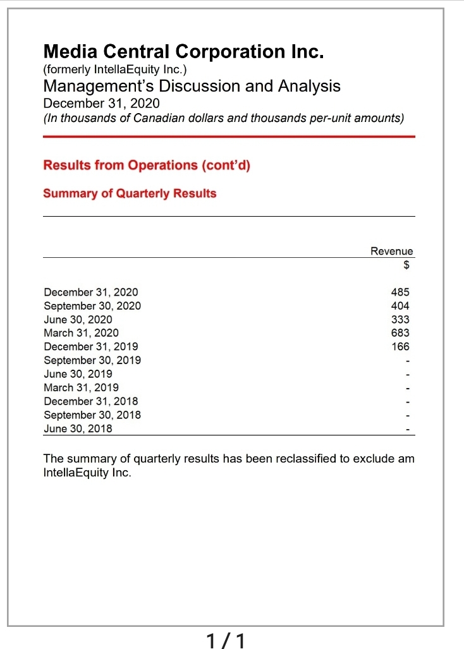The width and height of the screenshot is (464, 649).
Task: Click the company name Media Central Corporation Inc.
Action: (183, 52)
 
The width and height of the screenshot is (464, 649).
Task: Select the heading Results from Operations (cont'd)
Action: (147, 166)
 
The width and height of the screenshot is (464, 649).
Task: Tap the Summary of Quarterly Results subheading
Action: (130, 193)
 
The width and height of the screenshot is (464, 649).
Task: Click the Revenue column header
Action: (391, 252)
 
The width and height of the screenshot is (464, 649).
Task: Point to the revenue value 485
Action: (400, 292)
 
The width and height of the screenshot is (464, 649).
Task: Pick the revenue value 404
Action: (400, 306)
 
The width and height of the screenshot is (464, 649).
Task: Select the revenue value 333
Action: (400, 319)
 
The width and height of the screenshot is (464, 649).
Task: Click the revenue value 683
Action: (400, 333)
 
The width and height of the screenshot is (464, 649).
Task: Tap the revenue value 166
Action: (400, 346)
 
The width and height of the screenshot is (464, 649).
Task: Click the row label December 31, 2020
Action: (90, 292)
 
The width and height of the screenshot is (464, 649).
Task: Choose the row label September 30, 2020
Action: (92, 306)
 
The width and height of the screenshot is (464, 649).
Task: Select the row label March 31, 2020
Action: (81, 333)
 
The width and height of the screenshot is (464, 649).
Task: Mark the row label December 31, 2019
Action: (90, 346)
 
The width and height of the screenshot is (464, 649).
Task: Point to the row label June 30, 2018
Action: (78, 428)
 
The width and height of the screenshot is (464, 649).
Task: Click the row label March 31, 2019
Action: (81, 387)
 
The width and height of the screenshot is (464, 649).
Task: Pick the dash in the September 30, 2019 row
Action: (408, 361)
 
